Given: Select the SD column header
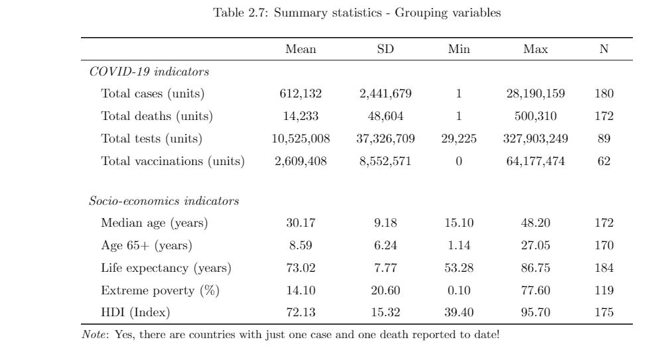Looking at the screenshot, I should [x=385, y=50].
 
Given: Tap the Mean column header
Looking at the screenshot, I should [x=301, y=50].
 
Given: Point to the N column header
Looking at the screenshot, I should [x=604, y=50].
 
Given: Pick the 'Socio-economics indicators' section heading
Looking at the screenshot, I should [x=164, y=201].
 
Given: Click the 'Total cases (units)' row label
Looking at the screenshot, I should [x=153, y=94].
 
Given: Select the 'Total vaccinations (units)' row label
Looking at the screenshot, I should [x=172, y=161].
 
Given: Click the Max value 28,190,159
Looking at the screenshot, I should [x=535, y=94].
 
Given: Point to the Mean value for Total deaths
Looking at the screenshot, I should [x=301, y=117].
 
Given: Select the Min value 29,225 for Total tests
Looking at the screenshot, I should [x=458, y=139].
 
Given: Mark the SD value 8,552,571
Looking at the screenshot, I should [x=385, y=161].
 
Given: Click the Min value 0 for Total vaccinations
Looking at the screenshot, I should [x=458, y=161].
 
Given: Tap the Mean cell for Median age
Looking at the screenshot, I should [x=301, y=223].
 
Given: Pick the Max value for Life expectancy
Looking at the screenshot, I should [x=535, y=269].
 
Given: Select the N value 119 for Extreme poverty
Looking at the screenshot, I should [x=604, y=290].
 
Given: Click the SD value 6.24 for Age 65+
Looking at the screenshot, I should [x=385, y=246].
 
